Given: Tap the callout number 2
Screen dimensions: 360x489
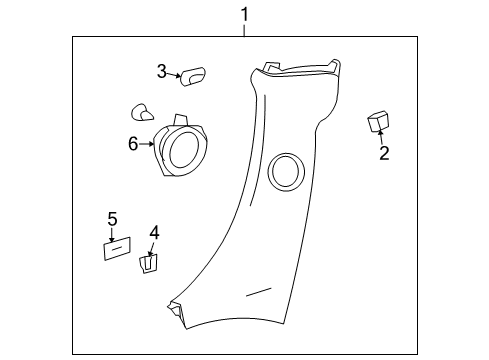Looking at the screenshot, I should [x=383, y=152].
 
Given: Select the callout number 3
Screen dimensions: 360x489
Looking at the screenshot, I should [x=161, y=71].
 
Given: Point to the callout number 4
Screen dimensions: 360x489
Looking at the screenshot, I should [x=154, y=233].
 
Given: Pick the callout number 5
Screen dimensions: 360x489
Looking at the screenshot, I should [x=112, y=219].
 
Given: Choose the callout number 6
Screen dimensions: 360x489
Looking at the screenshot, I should [x=133, y=144].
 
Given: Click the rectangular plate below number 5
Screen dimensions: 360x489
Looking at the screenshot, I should [x=119, y=248].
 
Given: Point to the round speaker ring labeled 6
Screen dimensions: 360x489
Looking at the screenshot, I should [x=182, y=149].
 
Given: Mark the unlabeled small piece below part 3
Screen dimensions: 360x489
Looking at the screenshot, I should [x=141, y=112].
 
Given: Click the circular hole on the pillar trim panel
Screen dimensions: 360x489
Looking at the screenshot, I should [x=285, y=169].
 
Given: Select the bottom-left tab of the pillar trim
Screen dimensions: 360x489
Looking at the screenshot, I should [x=176, y=310].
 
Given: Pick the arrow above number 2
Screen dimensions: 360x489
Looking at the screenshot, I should [x=380, y=138].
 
